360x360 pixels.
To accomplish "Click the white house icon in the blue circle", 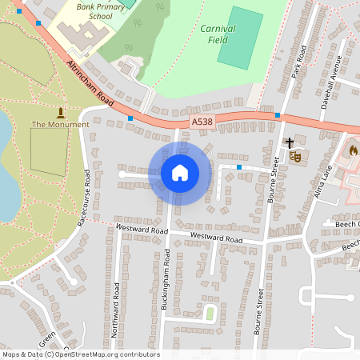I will pyautogui.click(x=180, y=173).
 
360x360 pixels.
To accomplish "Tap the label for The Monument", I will pyautogui.click(x=60, y=125).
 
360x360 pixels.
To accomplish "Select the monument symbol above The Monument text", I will pyautogui.click(x=61, y=111).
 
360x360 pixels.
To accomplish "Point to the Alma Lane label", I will pyautogui.click(x=325, y=193).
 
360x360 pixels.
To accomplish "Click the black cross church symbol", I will pyautogui.click(x=289, y=143).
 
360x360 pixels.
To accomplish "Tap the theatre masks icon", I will pyautogui.click(x=294, y=158).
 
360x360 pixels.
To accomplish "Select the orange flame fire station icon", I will pyautogui.click(x=352, y=150).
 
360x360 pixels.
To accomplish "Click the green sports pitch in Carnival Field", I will pyautogui.click(x=240, y=38).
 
